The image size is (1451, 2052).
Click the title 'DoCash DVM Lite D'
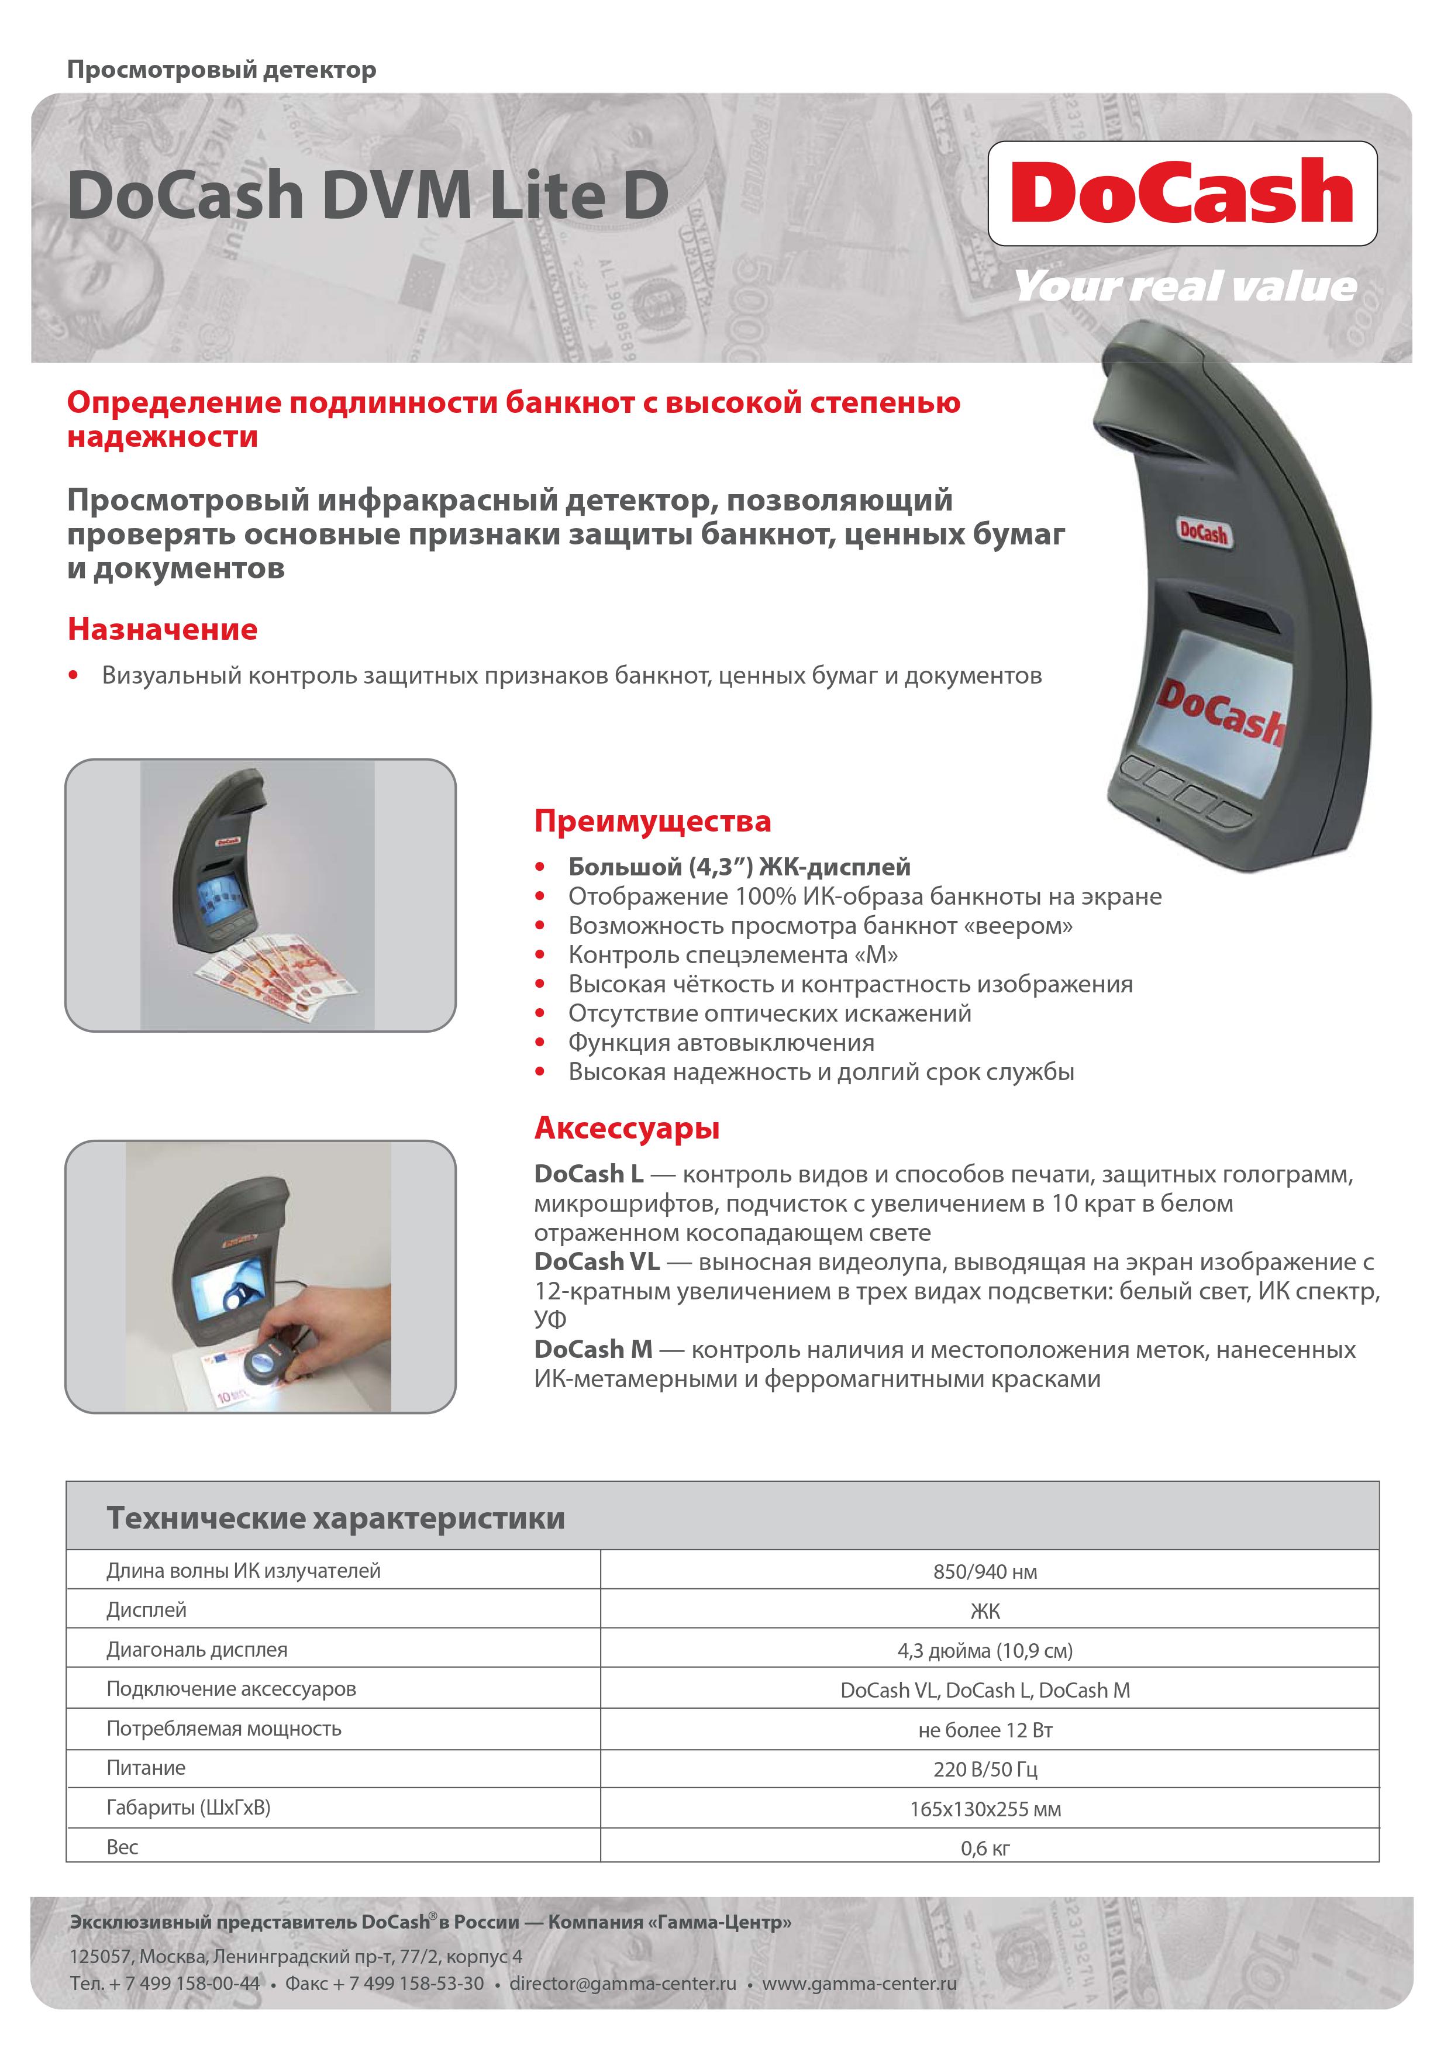pos(367,195)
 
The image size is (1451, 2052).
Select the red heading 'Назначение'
pos(163,629)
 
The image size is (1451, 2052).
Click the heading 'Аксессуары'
pos(627,1128)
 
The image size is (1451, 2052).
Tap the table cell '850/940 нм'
pos(985,1572)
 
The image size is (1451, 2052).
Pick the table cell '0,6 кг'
pos(985,1848)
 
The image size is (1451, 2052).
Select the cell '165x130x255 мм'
pos(985,1809)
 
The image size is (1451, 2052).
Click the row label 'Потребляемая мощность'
pos(223,1729)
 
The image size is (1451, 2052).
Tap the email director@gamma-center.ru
pos(622,1983)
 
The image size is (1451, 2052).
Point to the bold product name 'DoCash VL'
pos(597,1262)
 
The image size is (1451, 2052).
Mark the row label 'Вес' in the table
pos(122,1847)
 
